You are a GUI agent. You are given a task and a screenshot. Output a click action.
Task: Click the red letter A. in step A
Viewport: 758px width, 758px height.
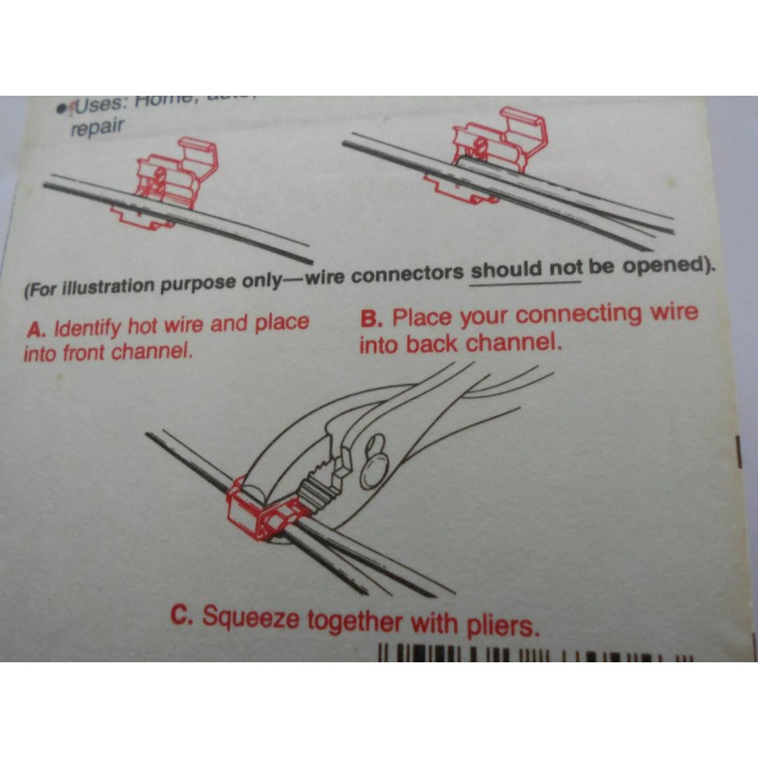tap(36, 331)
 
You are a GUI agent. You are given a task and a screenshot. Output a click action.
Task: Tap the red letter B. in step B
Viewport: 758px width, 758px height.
tap(371, 318)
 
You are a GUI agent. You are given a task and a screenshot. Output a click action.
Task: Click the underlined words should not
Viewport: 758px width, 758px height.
tap(527, 270)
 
